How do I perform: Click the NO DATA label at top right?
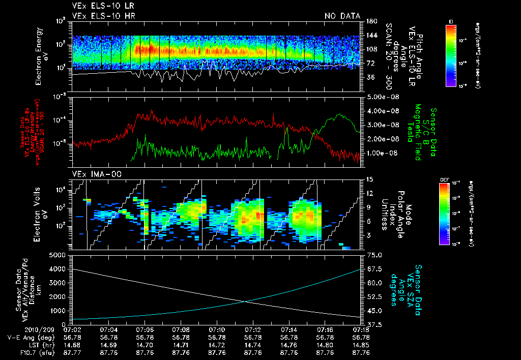[x=342, y=16]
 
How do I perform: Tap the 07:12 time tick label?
[x=253, y=330]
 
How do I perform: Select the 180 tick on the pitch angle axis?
[x=371, y=21]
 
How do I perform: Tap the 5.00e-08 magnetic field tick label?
[x=380, y=97]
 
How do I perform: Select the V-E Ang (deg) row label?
[x=28, y=337]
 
